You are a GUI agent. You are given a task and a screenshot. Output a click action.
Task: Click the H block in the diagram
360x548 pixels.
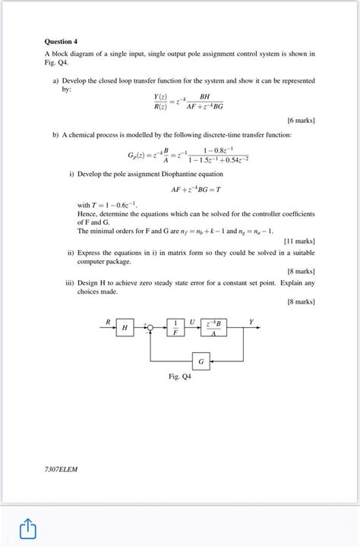tap(125, 327)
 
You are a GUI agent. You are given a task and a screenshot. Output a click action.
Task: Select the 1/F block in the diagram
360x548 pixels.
tap(176, 327)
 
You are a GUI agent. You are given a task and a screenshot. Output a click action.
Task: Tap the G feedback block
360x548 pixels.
tap(201, 361)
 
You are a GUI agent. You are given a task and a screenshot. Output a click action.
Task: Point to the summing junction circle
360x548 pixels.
tap(150, 328)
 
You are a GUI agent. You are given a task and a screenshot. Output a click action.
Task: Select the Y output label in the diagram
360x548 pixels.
tap(251, 322)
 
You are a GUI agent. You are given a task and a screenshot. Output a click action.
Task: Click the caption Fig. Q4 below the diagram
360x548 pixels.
tap(180, 376)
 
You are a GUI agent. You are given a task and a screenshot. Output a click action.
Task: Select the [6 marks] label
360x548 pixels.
tap(301, 120)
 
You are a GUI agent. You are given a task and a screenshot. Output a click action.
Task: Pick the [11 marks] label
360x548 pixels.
tap(299, 241)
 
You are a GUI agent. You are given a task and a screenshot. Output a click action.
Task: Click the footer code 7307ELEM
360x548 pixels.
tap(61, 468)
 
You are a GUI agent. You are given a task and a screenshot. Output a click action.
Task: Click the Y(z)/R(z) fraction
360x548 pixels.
tap(160, 102)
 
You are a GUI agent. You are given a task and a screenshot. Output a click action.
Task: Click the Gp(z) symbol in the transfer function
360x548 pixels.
tap(139, 154)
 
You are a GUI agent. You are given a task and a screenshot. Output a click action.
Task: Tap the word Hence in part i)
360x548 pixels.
tap(87, 214)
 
